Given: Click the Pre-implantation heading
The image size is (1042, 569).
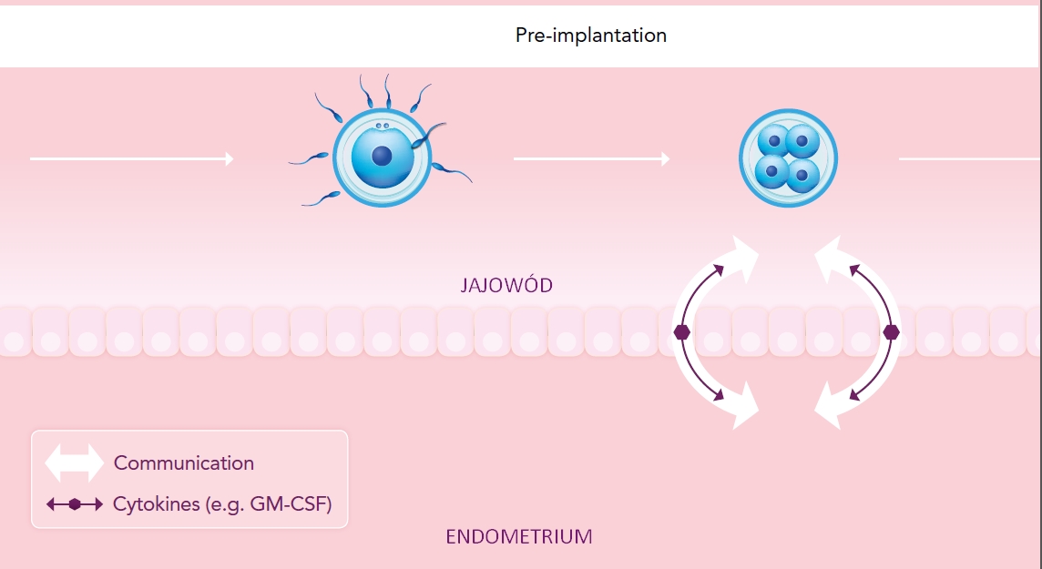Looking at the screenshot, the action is point(591,36).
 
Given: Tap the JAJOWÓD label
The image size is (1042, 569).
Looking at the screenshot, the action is point(506,286).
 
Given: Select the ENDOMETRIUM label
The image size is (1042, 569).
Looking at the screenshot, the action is point(519,536).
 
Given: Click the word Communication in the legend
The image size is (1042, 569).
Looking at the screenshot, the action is point(183,462).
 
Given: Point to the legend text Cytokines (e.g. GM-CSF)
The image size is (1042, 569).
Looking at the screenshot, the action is point(222,504).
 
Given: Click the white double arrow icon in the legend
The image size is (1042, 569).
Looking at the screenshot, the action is point(75,462).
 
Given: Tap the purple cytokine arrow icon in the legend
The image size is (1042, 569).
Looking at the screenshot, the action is point(75,504).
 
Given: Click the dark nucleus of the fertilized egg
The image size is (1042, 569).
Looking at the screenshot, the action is point(382,156).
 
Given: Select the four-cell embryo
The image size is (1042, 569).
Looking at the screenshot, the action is point(788,158).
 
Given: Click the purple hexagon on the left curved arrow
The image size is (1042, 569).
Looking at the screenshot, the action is point(682,332).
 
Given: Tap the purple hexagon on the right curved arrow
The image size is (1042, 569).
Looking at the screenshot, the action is point(891,332).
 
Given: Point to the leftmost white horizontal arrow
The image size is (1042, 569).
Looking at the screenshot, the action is point(131,158).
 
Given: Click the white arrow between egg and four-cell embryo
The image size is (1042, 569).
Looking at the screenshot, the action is point(591,158).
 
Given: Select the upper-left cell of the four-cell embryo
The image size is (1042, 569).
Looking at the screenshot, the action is point(773,141).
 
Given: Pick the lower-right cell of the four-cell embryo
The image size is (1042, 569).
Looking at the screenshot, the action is point(802,175).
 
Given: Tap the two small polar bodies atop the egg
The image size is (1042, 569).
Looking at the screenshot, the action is point(383,126).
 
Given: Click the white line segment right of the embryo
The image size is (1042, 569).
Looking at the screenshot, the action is point(970,158).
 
